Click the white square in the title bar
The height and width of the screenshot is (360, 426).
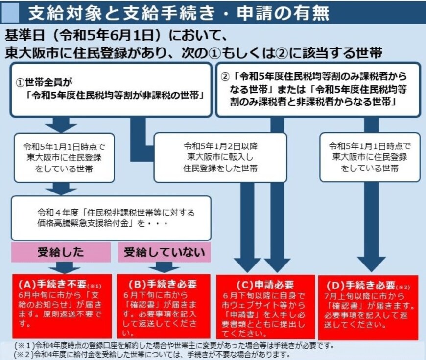(12, 12)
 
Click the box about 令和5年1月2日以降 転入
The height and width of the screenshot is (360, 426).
(220, 157)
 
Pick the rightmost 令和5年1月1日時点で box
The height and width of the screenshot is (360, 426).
(370, 157)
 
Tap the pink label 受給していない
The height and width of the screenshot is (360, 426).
(164, 253)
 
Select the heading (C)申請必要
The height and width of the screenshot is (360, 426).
(267, 285)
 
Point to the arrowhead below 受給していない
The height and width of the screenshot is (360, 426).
(164, 267)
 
